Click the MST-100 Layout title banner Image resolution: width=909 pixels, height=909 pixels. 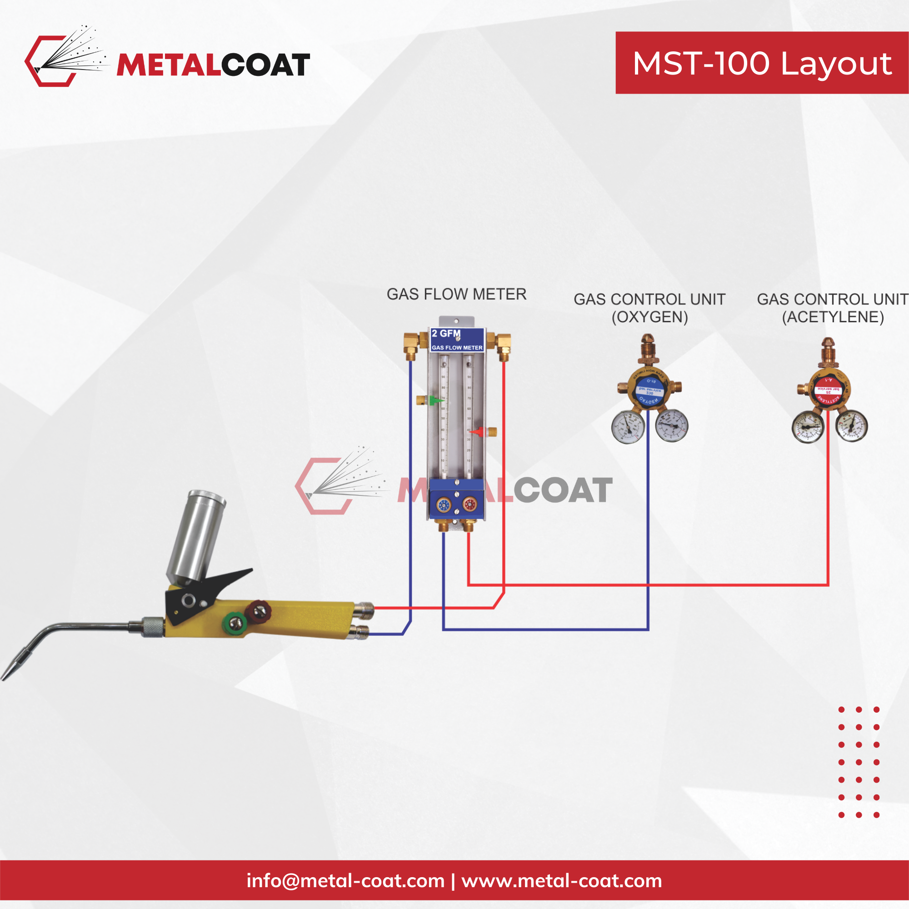pyautogui.click(x=762, y=63)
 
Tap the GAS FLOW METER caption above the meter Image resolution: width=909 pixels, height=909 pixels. pyautogui.click(x=456, y=295)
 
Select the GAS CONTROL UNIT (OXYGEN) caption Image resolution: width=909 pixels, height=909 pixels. pyautogui.click(x=649, y=308)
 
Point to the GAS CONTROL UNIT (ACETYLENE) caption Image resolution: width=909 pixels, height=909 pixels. pyautogui.click(x=832, y=308)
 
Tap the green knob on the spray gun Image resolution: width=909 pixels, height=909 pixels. pyautogui.click(x=234, y=624)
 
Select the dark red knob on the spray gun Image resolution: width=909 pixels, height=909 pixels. pyautogui.click(x=258, y=611)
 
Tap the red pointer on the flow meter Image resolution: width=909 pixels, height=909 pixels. pyautogui.click(x=478, y=431)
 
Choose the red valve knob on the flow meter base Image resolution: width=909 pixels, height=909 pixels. pyautogui.click(x=469, y=505)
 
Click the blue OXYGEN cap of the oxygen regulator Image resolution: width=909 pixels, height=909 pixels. pyautogui.click(x=649, y=390)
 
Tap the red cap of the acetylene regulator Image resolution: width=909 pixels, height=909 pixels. pyautogui.click(x=829, y=390)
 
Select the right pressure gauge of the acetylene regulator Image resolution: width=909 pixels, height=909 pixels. pyautogui.click(x=852, y=426)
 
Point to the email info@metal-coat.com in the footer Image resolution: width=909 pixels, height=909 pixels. pyautogui.click(x=345, y=881)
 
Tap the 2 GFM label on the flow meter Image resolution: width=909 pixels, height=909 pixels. pyautogui.click(x=446, y=334)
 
